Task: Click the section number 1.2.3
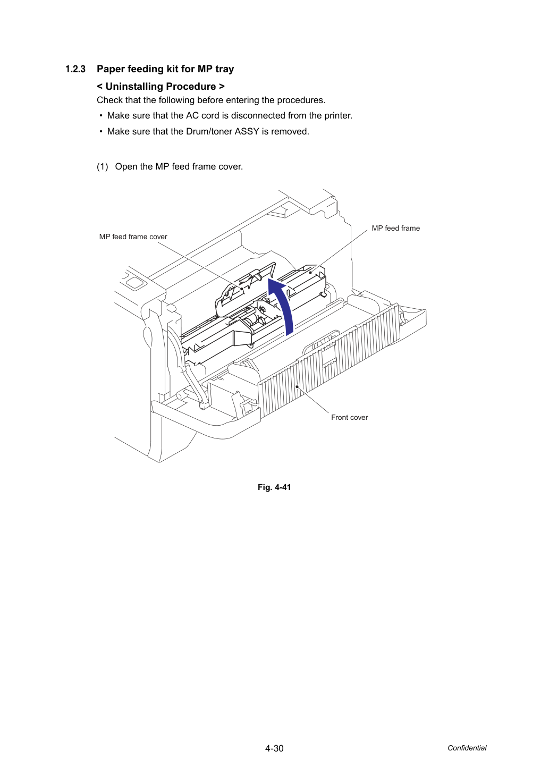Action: pyautogui.click(x=75, y=69)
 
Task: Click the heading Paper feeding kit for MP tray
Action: pyautogui.click(x=165, y=69)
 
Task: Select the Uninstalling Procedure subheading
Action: pyautogui.click(x=161, y=87)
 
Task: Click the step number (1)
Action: pyautogui.click(x=103, y=166)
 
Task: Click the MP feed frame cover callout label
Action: pyautogui.click(x=133, y=237)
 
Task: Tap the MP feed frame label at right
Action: pyautogui.click(x=396, y=228)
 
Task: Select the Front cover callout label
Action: pyautogui.click(x=349, y=417)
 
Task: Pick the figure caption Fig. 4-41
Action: pyautogui.click(x=274, y=487)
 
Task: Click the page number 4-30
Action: pyautogui.click(x=274, y=748)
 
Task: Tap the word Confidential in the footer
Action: pyautogui.click(x=467, y=748)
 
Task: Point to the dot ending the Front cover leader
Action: pyautogui.click(x=297, y=386)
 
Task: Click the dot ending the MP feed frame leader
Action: pyautogui.click(x=310, y=273)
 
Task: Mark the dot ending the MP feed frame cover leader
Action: pyautogui.click(x=242, y=289)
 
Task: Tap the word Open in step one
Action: pyautogui.click(x=126, y=167)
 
